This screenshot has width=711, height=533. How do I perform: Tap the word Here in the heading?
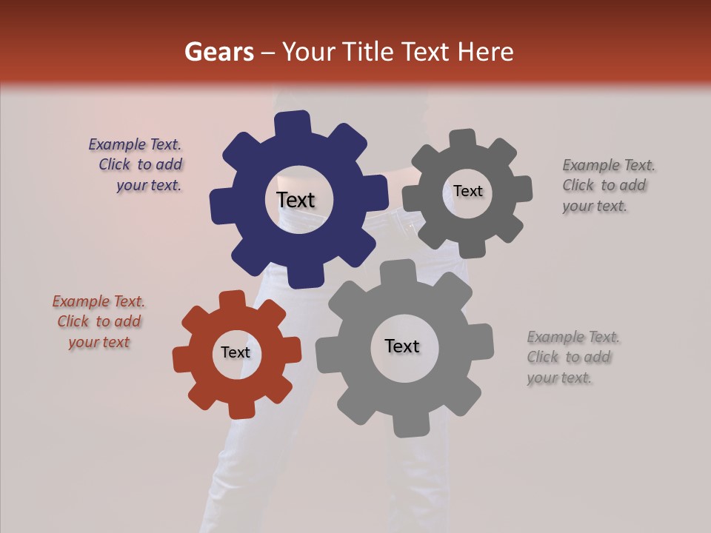(x=487, y=52)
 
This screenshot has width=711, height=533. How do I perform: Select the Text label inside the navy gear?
(x=296, y=200)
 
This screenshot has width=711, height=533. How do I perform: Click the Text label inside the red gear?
(x=236, y=353)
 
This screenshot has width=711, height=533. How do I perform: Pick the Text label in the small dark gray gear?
(x=467, y=191)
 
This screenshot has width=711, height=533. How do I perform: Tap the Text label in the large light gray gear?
(x=402, y=346)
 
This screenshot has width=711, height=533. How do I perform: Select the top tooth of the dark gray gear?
(x=463, y=139)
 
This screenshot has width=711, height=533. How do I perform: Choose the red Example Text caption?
(x=99, y=321)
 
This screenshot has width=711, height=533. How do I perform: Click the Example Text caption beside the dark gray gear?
(x=607, y=186)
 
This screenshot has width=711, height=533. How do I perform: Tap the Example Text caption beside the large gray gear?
(x=572, y=358)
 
